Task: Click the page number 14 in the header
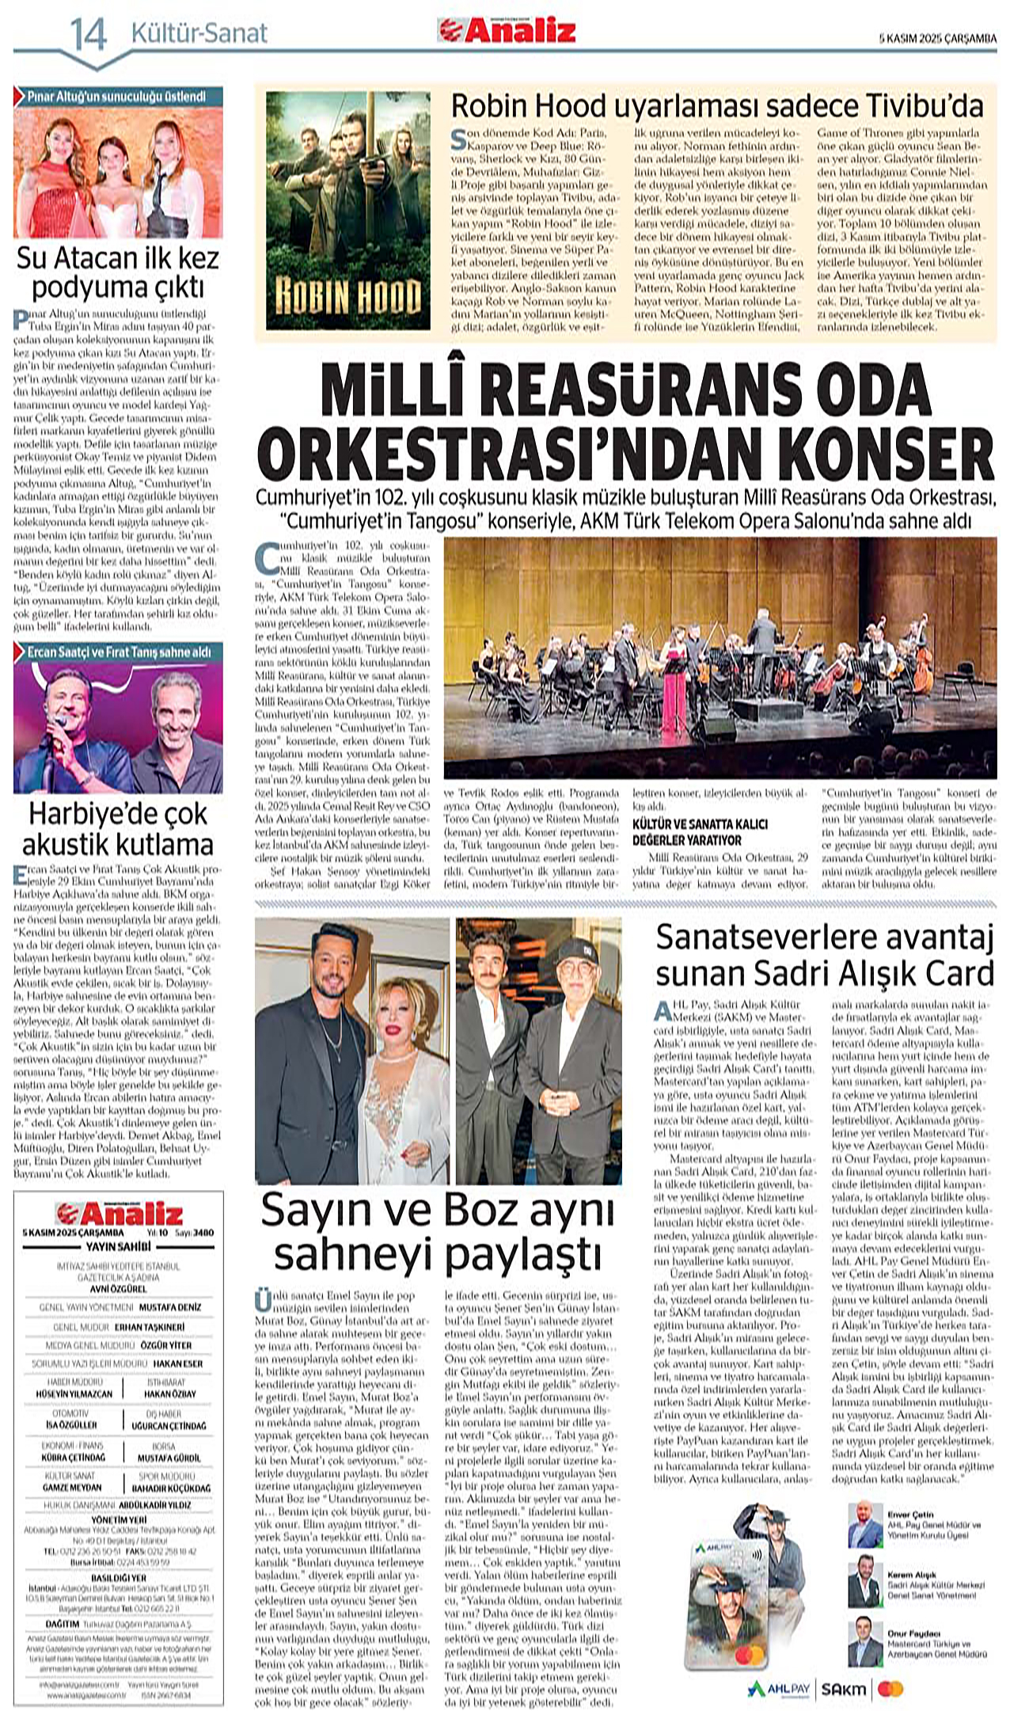click(x=88, y=34)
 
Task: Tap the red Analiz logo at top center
click(x=507, y=30)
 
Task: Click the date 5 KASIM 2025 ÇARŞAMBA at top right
click(x=938, y=37)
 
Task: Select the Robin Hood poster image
click(x=347, y=210)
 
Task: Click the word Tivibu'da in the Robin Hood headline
click(x=928, y=105)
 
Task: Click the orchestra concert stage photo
click(x=720, y=658)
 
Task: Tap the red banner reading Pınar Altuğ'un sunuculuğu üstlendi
click(x=118, y=97)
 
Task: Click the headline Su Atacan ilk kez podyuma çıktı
click(x=118, y=272)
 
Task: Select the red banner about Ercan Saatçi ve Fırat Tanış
click(x=118, y=652)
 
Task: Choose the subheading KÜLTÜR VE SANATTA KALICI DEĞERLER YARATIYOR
click(x=699, y=831)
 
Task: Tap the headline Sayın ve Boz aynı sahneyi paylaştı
click(x=438, y=1232)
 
